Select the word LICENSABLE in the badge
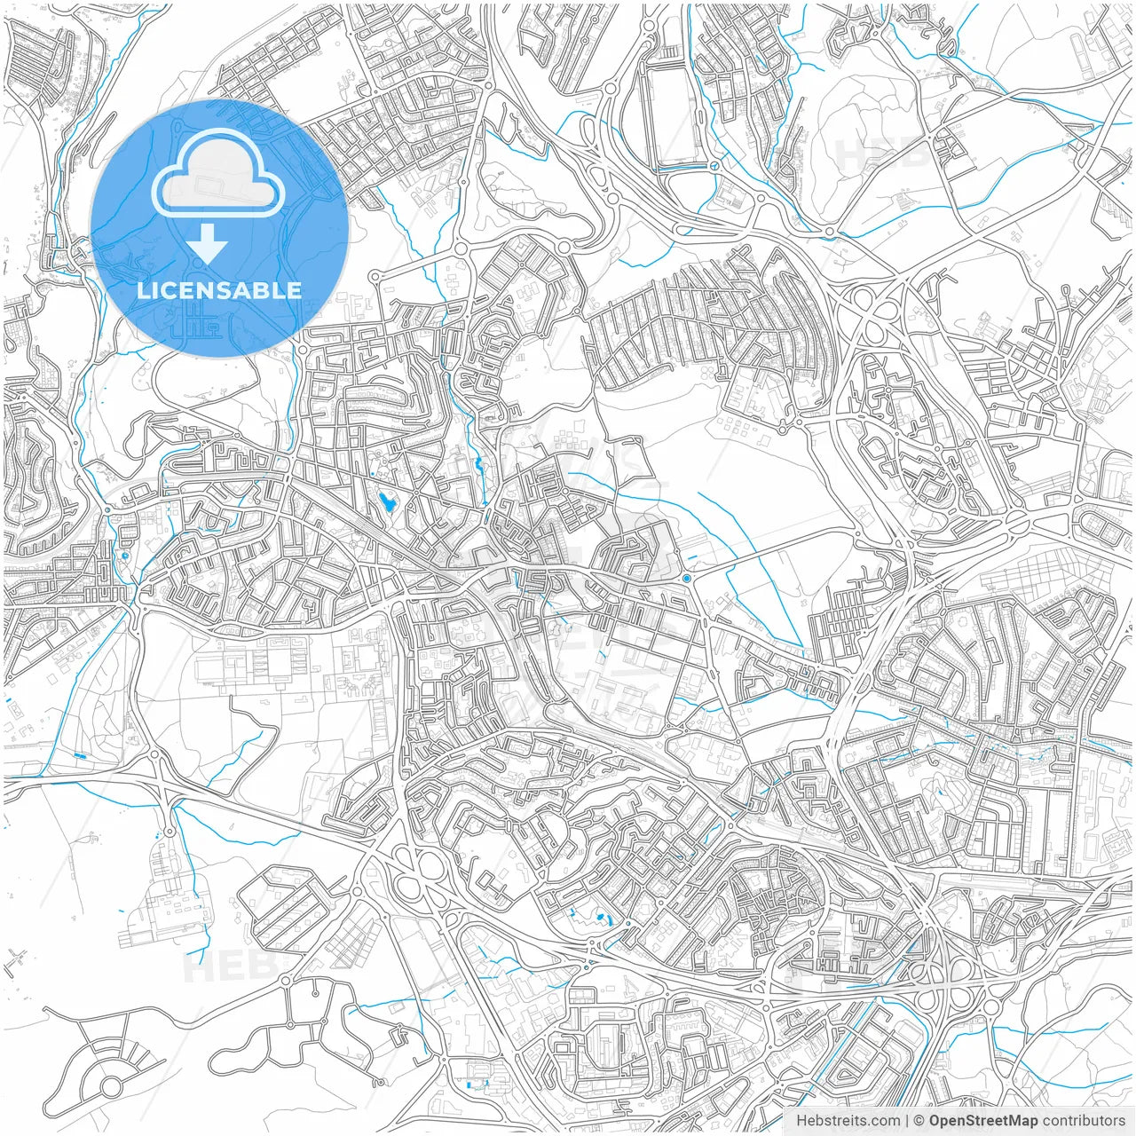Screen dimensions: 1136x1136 coord(219,290)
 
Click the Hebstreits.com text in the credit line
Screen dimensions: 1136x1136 coord(848,1121)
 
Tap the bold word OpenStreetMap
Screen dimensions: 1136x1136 coord(983,1121)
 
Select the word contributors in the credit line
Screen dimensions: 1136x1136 coord(1084,1121)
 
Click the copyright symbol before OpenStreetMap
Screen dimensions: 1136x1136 coord(919,1121)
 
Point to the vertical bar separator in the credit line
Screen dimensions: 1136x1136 coord(907,1121)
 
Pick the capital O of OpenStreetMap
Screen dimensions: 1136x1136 coord(935,1121)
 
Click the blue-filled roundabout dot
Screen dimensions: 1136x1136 coord(687,579)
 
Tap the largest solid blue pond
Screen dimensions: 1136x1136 coord(387,503)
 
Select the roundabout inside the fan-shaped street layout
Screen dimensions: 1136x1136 coord(112,1085)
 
